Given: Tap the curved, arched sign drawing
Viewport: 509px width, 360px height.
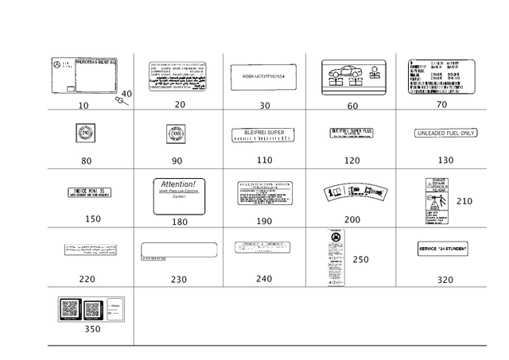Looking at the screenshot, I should (x=356, y=192).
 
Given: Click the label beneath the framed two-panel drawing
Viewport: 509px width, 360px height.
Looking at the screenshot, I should (x=92, y=329).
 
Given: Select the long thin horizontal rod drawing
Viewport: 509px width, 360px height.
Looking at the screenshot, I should (x=177, y=257).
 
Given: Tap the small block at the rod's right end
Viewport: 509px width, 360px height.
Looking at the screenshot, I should (x=216, y=250).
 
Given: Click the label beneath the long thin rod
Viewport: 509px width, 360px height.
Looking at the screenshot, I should (x=178, y=279).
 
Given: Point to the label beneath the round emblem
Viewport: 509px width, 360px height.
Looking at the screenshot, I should (x=87, y=161).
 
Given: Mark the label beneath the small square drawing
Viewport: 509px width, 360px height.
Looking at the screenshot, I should (x=177, y=161).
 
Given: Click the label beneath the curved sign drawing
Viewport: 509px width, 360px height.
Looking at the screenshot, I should (x=352, y=219).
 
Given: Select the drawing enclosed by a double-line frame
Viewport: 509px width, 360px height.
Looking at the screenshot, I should (x=354, y=75).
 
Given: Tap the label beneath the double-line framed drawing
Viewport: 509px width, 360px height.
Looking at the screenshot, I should (x=354, y=104).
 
